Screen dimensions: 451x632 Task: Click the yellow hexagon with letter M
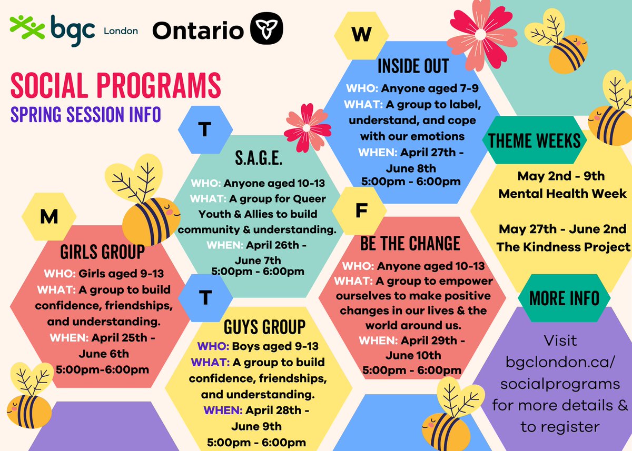[x=49, y=217]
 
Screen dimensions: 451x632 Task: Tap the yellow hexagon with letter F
[x=361, y=211]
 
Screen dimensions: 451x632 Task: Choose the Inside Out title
[x=413, y=66]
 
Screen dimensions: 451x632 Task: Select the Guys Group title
[x=264, y=326]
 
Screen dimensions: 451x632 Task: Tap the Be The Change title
[x=410, y=243]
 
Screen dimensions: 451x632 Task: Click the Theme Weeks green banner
[x=534, y=141]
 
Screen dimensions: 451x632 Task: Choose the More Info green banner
[x=564, y=298]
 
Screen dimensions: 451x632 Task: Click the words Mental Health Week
[x=562, y=193]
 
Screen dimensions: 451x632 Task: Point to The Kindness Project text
[x=563, y=247]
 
